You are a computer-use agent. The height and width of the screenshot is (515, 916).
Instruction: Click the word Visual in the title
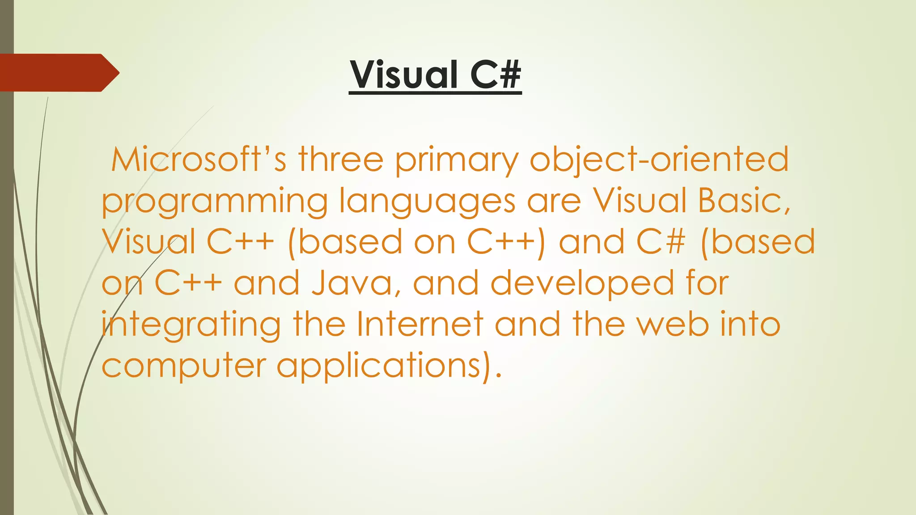click(x=404, y=75)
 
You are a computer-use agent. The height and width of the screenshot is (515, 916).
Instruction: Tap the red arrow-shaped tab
click(x=58, y=72)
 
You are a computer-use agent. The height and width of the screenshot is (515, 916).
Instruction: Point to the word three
click(x=341, y=160)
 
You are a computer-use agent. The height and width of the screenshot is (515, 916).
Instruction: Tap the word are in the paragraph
click(x=554, y=201)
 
